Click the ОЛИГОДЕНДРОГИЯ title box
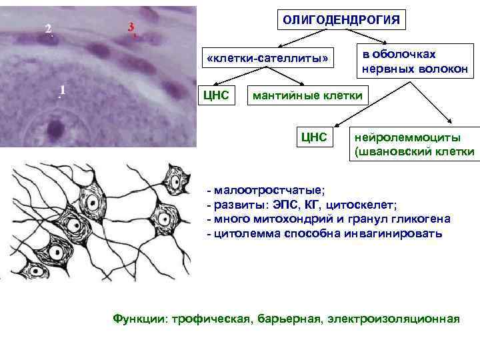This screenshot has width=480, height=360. [342, 21]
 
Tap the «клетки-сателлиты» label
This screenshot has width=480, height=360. [268, 59]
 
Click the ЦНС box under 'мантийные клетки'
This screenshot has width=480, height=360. [314, 137]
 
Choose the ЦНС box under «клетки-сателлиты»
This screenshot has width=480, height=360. [216, 95]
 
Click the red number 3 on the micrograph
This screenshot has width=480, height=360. [131, 27]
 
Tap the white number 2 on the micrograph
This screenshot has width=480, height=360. [48, 29]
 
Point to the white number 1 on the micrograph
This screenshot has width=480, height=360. [62, 89]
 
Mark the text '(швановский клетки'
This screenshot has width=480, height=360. [414, 152]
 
